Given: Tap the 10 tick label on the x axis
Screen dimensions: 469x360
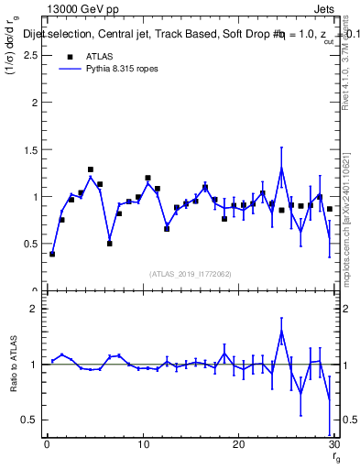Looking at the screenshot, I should click(x=142, y=445).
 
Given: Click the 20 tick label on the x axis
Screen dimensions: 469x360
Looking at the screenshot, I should click(x=238, y=445).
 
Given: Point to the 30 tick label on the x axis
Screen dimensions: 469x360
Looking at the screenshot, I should click(x=333, y=445).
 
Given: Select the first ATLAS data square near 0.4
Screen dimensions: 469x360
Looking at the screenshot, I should click(x=52, y=254).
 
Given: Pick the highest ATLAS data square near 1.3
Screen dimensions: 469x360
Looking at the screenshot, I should click(x=91, y=169).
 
